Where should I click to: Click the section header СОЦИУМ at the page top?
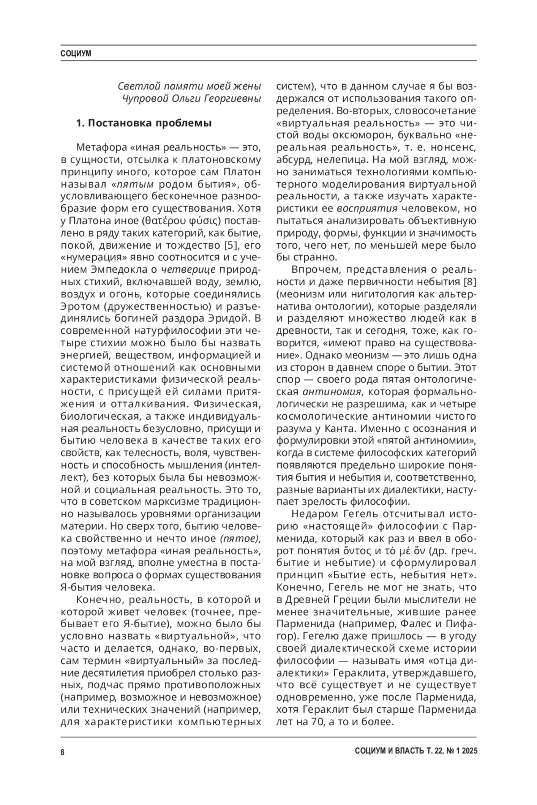coord(76,54)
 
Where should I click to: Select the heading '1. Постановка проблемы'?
coord(144,123)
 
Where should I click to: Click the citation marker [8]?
coord(468,282)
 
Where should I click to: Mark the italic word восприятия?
coord(367,208)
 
